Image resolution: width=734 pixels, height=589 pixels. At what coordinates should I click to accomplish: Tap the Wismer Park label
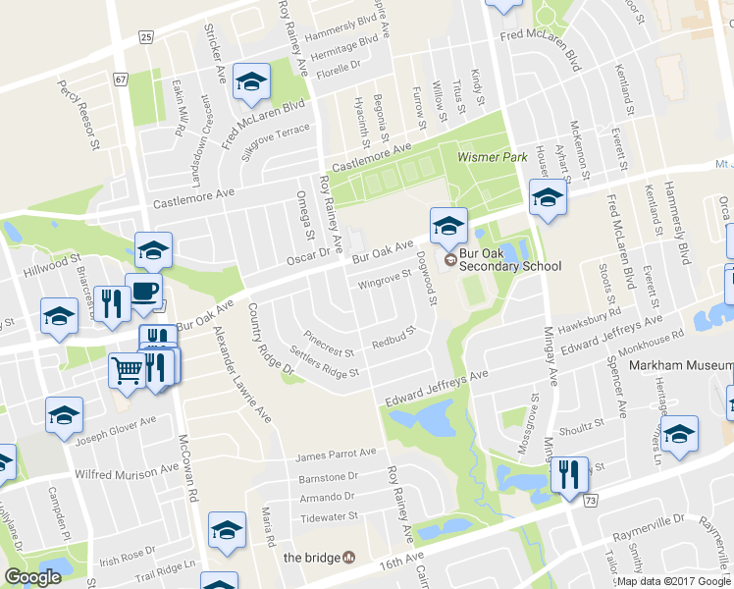pos(486,156)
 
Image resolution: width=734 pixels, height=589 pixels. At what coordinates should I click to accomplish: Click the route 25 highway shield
pos(145,37)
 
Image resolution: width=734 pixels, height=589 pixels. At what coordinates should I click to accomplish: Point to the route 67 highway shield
pos(121,78)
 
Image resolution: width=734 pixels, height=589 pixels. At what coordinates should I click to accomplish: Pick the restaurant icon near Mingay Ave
pos(568,476)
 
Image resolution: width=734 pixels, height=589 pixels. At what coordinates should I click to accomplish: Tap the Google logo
pos(32,577)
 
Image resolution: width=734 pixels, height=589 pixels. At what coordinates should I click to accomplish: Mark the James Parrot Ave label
pos(337,454)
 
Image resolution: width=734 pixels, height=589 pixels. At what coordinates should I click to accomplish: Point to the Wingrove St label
pos(382,281)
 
